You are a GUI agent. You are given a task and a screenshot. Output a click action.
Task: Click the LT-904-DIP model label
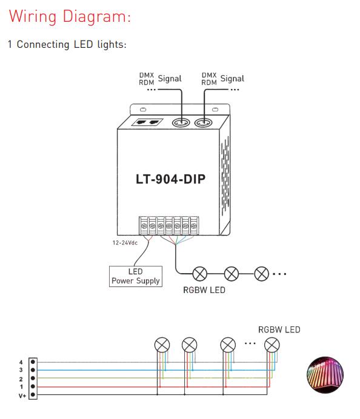pos(171,179)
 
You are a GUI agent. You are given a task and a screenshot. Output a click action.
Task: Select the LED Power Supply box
pos(136,276)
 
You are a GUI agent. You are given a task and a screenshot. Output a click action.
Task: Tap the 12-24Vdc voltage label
pos(125,243)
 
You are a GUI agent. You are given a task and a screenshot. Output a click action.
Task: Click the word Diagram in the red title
pos(97,16)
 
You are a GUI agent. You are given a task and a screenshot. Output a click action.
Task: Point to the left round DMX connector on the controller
pos(181,123)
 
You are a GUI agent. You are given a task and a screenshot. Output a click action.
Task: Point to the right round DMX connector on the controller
pos(204,123)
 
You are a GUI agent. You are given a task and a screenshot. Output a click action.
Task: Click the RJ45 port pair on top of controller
pos(147,122)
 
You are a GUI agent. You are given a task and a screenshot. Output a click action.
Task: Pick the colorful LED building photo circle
pos(325,375)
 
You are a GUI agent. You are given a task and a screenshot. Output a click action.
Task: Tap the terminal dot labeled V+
pos(33,395)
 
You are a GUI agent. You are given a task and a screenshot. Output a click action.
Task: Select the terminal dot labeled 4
pos(33,362)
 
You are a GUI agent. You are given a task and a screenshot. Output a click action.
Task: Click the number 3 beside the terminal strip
pos(21,370)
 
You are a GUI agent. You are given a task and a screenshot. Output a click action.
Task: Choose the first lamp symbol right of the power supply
pos(200,274)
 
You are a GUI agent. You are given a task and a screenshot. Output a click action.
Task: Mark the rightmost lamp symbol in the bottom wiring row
pos(272,345)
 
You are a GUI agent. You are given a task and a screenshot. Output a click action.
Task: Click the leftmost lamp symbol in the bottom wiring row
pos(162,345)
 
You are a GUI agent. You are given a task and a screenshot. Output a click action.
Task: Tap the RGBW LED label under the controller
pos(204,290)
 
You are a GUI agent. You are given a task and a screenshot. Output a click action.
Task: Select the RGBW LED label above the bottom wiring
pos(279,330)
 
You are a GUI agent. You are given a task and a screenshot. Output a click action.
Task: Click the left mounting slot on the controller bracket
pos(144,110)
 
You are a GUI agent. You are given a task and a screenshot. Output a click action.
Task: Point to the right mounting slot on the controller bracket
pos(215,110)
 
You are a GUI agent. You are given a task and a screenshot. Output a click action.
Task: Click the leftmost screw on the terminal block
pos(144,226)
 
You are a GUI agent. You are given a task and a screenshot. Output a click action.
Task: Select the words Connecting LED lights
pos(72,44)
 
